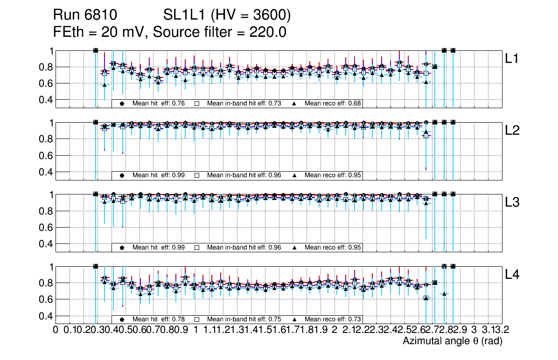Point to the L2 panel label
[513, 131]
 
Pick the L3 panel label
[513, 202]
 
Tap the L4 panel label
[513, 275]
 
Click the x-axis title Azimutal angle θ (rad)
[452, 341]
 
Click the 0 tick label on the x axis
[56, 330]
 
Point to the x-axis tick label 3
[474, 330]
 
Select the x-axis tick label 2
[335, 330]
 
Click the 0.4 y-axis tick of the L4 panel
[45, 316]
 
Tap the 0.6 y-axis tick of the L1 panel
[45, 83]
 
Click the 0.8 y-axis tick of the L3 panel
[45, 211]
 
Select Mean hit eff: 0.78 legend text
[159, 319]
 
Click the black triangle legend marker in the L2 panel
[295, 175]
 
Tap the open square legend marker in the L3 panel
[197, 247]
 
